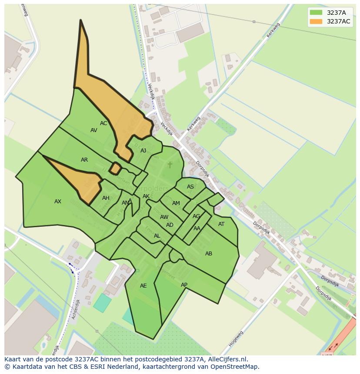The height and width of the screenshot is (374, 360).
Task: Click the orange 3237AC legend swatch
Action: pos(316,21)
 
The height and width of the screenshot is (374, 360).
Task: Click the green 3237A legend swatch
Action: pos(316,12)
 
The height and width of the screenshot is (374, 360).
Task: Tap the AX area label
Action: pos(58,202)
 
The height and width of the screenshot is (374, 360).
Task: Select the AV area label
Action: pos(94,130)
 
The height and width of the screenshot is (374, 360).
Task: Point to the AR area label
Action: pos(84,160)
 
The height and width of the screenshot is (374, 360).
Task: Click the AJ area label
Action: pos(143,151)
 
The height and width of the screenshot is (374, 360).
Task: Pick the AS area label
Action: pos(190,187)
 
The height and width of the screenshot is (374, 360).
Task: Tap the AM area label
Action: pos(176,203)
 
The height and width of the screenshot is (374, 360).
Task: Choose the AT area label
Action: pos(221,224)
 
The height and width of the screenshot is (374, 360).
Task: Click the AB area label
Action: pos(209,254)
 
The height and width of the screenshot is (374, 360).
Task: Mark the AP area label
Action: pos(184,285)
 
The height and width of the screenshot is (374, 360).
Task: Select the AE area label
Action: pos(143,286)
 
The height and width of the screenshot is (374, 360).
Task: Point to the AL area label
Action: pos(157,236)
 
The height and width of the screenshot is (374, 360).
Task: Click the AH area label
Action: pos(106,198)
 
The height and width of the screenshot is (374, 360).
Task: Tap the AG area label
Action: pos(196,216)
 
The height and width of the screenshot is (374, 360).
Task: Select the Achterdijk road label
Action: pos(76,309)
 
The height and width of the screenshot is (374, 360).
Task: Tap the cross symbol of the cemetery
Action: pos(170,165)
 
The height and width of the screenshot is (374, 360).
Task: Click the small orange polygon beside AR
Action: pos(115,168)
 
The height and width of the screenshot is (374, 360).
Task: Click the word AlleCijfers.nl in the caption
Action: pos(227,359)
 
